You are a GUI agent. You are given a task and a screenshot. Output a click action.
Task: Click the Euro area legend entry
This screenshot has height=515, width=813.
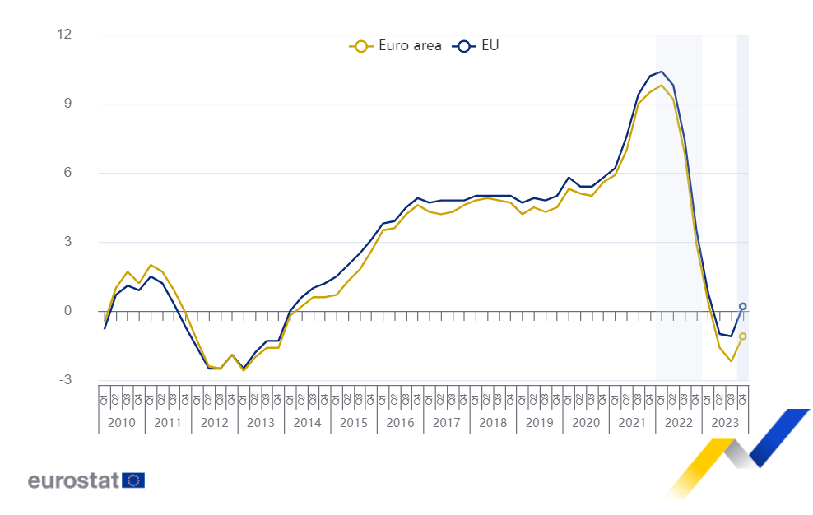[x=396, y=46]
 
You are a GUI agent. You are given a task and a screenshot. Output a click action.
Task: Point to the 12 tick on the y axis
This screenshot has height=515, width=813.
[x=64, y=35]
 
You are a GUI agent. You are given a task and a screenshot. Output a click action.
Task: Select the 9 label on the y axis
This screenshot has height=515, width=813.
[x=68, y=104]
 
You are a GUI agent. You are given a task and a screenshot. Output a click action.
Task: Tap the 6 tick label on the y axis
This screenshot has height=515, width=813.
[x=68, y=173]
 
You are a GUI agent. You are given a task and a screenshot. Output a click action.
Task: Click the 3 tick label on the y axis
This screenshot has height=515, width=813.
[x=68, y=242]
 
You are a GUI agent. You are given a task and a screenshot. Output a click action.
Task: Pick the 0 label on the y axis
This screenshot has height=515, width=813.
[x=68, y=311]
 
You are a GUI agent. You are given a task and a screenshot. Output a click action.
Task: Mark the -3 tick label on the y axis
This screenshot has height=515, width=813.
[x=65, y=380]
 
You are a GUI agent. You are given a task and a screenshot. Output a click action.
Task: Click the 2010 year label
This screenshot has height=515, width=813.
[x=121, y=423]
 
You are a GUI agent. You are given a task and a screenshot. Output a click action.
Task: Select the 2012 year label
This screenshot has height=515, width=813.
[x=214, y=423]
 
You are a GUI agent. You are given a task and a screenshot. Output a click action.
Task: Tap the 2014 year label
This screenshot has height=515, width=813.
[x=307, y=423]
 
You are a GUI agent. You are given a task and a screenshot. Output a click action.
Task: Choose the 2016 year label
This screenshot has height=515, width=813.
[x=400, y=423]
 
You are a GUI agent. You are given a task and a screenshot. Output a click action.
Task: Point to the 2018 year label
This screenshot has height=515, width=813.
[x=493, y=423]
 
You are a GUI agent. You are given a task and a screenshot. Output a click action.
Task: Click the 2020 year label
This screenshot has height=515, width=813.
[x=586, y=423]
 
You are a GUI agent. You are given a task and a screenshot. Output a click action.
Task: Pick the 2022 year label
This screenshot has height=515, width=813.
[x=679, y=423]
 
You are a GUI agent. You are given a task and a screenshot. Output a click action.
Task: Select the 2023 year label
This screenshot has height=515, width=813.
[x=725, y=423]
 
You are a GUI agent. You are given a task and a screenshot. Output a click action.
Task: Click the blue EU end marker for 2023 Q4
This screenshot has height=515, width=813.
[x=743, y=306]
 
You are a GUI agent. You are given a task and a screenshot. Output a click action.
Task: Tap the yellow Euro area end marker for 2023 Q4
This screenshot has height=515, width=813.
[x=743, y=336]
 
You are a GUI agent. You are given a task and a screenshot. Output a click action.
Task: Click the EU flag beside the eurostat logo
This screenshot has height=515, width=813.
[x=133, y=480]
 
